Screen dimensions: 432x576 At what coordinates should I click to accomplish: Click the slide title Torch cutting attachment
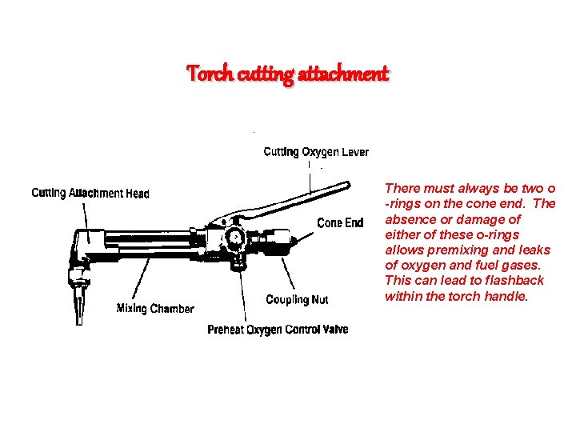pyautogui.click(x=288, y=74)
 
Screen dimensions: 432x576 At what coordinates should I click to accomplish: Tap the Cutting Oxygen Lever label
pyautogui.click(x=316, y=152)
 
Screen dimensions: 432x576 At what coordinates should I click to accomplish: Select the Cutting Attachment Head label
pyautogui.click(x=90, y=193)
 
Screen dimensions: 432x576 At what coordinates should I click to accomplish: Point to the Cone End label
pyautogui.click(x=340, y=222)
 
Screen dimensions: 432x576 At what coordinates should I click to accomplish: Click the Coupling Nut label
pyautogui.click(x=297, y=300)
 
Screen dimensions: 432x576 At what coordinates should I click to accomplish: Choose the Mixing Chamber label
pyautogui.click(x=155, y=308)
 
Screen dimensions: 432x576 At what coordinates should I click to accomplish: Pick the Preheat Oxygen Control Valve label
pyautogui.click(x=278, y=330)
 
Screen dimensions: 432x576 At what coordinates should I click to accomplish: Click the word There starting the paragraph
pyautogui.click(x=402, y=189)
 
